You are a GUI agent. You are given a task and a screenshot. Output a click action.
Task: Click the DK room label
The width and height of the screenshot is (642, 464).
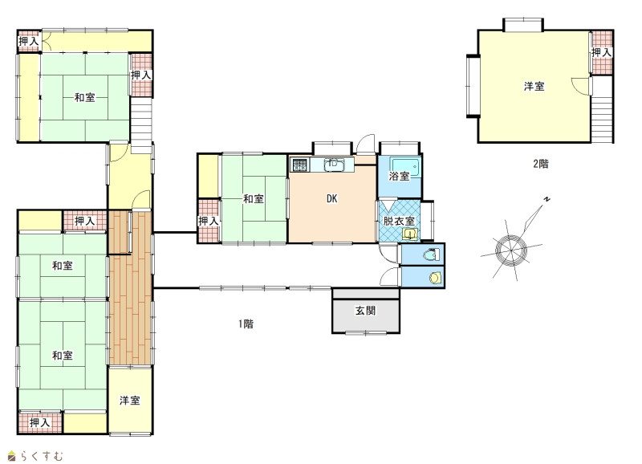[x=331, y=198]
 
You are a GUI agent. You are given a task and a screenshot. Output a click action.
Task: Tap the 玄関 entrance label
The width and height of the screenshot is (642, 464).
[x=365, y=311]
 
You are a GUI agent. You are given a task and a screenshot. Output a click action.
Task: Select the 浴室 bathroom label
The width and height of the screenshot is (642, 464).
[x=399, y=176]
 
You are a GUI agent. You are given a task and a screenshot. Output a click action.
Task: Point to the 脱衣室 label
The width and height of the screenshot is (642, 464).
[x=399, y=221]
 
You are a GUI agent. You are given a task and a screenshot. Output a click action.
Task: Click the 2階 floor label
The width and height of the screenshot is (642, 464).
[x=540, y=164]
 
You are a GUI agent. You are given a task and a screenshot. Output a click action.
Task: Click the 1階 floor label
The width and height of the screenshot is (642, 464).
[x=246, y=324]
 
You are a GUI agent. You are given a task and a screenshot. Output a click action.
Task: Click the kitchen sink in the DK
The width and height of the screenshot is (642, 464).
[x=334, y=165]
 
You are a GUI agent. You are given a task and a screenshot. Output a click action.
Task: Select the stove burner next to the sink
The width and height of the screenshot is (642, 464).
[x=299, y=165]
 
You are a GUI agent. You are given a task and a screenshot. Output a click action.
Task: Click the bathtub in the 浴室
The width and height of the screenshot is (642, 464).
[x=405, y=167]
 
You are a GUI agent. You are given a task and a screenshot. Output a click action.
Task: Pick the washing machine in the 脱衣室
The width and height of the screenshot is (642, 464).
[x=410, y=234]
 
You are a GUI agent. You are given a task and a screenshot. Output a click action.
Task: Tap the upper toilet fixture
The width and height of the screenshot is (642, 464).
[x=431, y=255]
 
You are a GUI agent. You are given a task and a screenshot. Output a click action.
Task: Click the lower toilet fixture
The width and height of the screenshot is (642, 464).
[x=435, y=278]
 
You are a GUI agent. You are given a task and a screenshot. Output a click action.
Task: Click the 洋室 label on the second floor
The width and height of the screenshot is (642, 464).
[x=534, y=87]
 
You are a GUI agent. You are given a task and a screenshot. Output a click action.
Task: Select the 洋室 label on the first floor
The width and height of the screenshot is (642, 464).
[x=130, y=401]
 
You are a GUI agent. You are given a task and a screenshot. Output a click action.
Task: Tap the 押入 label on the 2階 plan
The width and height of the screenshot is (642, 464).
[x=601, y=52]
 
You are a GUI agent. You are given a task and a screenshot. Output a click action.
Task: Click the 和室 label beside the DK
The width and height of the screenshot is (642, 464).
[x=254, y=199]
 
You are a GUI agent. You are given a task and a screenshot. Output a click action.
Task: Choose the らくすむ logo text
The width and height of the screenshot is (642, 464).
[x=42, y=455]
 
